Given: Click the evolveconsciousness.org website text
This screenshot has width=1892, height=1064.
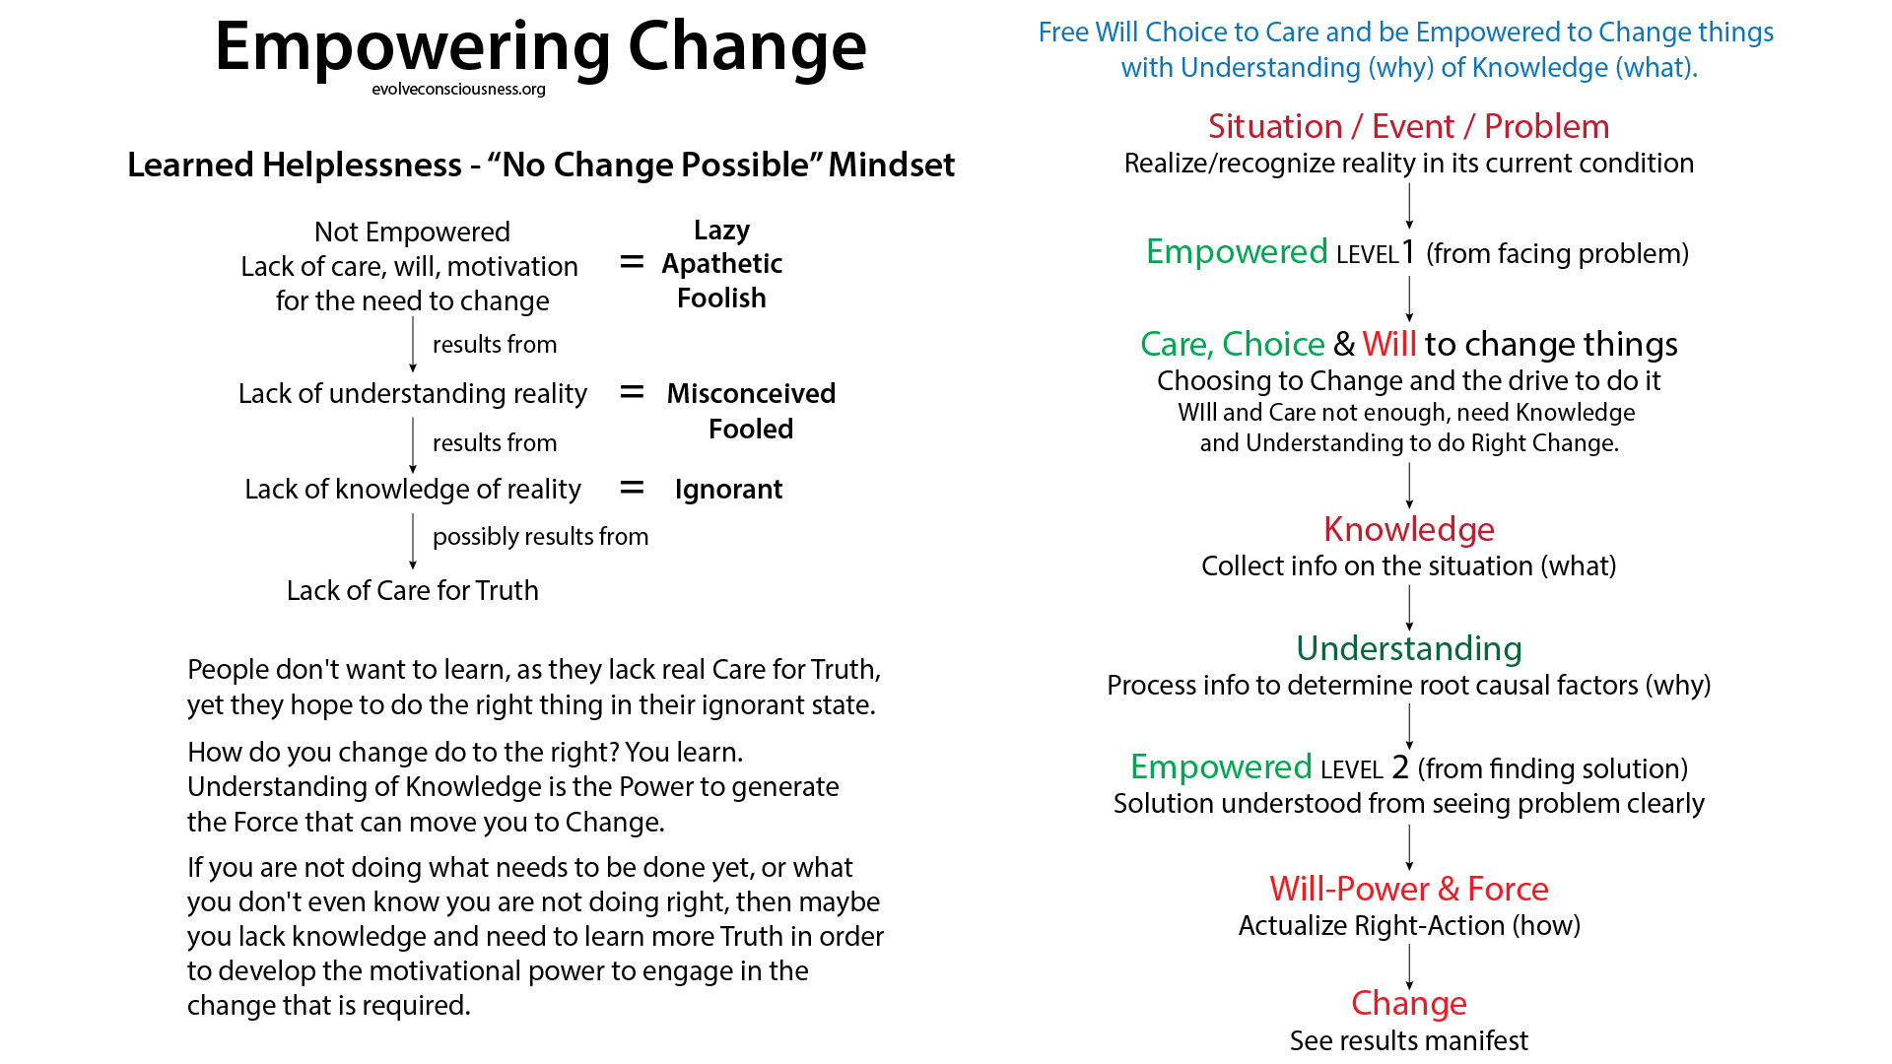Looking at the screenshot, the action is click(x=458, y=90).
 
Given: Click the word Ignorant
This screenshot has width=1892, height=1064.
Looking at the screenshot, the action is click(x=728, y=490).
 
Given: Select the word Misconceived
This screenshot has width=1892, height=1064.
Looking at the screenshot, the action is click(x=751, y=393).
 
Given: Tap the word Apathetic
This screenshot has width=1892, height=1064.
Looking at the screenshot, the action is click(x=721, y=264).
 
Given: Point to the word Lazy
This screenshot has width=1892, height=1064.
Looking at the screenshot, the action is click(x=721, y=231).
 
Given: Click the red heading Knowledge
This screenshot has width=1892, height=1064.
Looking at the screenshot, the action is click(x=1409, y=530).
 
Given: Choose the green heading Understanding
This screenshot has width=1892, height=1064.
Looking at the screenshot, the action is click(x=1409, y=648).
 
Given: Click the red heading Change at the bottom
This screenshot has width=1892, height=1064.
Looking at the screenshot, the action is click(x=1409, y=1003).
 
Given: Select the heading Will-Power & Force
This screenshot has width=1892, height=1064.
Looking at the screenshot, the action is click(x=1409, y=889).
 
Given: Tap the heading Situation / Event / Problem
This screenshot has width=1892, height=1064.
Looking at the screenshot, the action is click(x=1409, y=126).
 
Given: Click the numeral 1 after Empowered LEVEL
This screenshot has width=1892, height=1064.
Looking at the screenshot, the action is click(x=1409, y=252).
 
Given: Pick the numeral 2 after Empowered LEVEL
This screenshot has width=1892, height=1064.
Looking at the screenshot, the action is click(x=1400, y=767).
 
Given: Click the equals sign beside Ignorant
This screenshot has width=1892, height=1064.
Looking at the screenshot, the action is click(x=632, y=488).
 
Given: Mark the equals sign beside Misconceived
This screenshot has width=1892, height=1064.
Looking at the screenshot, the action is click(x=632, y=392).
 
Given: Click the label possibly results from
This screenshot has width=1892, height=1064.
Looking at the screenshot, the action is click(x=541, y=537).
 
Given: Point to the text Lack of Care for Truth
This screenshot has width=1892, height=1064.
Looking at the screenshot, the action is click(x=413, y=590).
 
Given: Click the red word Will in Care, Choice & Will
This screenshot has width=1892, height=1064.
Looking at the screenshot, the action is click(x=1389, y=344).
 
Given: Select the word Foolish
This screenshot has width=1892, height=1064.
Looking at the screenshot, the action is click(x=721, y=299).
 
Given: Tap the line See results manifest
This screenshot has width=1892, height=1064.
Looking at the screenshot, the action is click(x=1409, y=1040).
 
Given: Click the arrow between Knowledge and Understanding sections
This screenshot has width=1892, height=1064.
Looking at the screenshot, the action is click(x=1409, y=608).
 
